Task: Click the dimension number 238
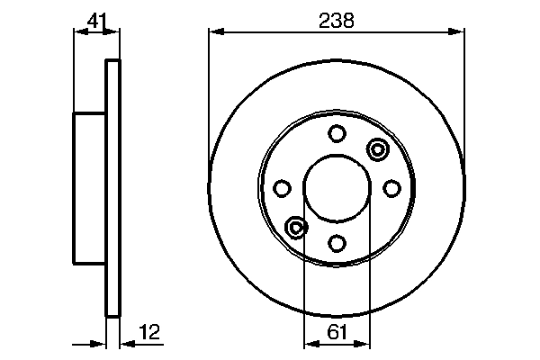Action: coord(337,20)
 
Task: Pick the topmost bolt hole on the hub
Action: coord(337,134)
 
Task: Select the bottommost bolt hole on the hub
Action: coord(337,242)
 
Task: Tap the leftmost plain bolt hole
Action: coord(283,188)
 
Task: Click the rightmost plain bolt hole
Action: coord(391,188)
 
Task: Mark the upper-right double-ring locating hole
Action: coord(376,148)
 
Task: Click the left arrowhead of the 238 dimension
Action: coord(214,33)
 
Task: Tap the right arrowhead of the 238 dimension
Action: coord(460,33)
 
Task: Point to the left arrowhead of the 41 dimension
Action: coord(76,33)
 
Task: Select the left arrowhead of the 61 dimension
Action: coord(309,343)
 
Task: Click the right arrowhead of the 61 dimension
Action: coord(364,343)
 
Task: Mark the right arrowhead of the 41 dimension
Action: coord(114,33)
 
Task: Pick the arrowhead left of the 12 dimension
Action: coord(101,343)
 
